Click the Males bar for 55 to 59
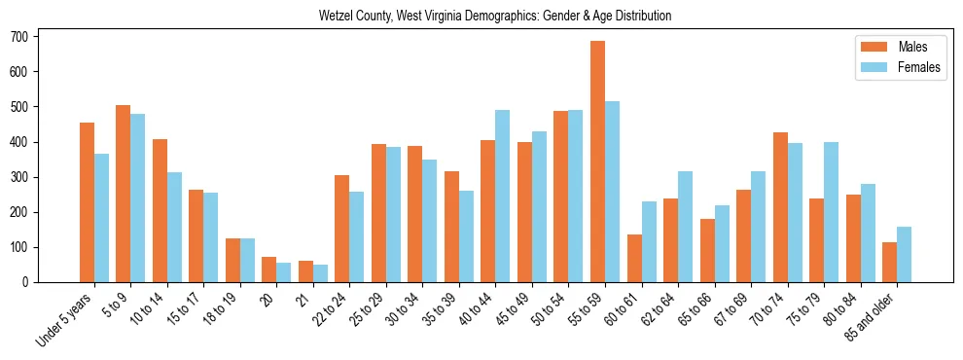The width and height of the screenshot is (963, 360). click(x=597, y=162)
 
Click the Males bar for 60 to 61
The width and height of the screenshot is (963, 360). click(x=634, y=258)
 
